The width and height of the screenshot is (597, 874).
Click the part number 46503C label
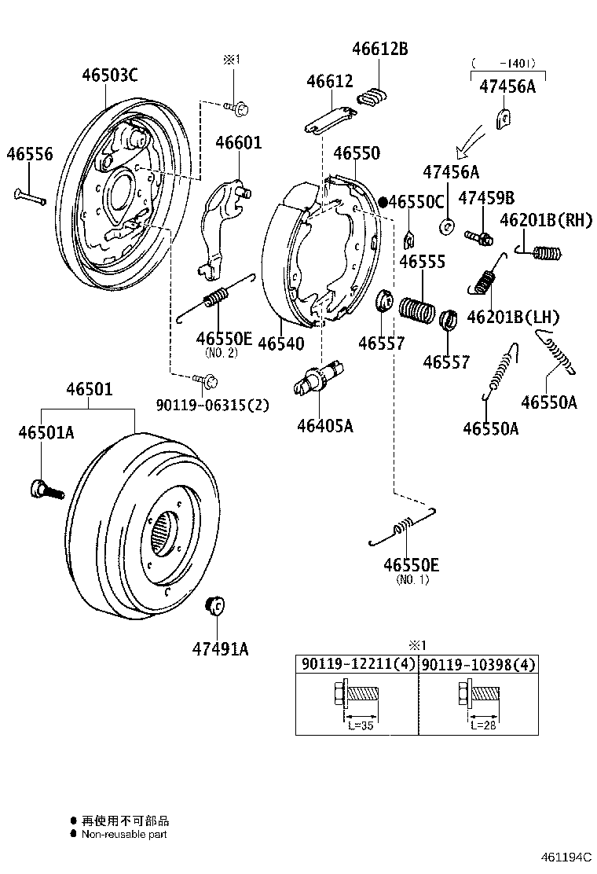coord(110,75)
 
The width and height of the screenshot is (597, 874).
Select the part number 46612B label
coord(379,49)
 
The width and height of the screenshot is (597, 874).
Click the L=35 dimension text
coord(361,725)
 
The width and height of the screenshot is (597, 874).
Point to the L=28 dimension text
coord(482,725)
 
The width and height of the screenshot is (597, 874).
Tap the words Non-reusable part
coord(124,835)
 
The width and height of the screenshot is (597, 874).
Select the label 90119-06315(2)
coord(212,406)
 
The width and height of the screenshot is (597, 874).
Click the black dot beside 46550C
coord(383,202)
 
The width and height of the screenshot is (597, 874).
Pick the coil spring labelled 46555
coord(416,309)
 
